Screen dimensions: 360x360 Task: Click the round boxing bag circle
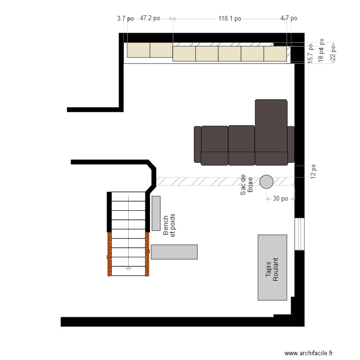pos(266,181)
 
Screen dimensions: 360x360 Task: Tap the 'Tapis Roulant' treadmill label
pos(272,269)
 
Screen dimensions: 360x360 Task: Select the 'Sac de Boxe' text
pos(246,184)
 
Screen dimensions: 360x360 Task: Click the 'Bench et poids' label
pos(169,225)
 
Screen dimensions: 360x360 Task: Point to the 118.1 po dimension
pos(229,19)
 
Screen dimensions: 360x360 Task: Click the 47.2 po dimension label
pos(150,18)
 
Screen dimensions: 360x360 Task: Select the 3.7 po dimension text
pos(125,18)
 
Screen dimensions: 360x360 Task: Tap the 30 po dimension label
pos(280,199)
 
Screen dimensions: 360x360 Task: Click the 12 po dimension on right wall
pos(313,172)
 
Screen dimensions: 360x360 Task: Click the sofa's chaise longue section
pos(271,126)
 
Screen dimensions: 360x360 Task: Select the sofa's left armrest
pos(197,144)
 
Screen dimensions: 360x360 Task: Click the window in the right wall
pos(300,234)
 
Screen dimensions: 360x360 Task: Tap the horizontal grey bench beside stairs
pos(174,252)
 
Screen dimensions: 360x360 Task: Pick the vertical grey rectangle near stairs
pos(156,213)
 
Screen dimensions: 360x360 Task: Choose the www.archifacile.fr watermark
pos(308,353)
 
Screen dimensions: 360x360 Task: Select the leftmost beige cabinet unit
pos(138,50)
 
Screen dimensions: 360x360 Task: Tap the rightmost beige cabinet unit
pos(275,54)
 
